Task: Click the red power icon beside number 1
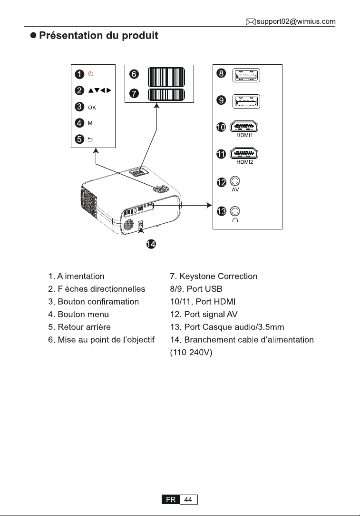tap(91, 74)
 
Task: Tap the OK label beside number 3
tap(92, 108)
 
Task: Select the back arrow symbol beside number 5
tap(90, 139)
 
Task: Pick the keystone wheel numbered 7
tap(166, 95)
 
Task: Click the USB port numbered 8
tap(246, 75)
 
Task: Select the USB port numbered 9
tap(246, 101)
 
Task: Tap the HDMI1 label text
tap(244, 135)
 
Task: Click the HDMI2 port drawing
tap(243, 153)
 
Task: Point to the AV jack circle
tap(235, 181)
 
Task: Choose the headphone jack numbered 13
tap(235, 210)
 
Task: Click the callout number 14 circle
tap(151, 244)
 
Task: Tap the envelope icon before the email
tap(251, 22)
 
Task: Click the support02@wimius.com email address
tap(296, 22)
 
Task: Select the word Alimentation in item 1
tap(81, 276)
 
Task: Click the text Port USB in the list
tap(204, 289)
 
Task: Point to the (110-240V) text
tap(191, 352)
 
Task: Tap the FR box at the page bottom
tap(171, 499)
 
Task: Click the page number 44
tap(188, 499)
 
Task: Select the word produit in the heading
tap(140, 36)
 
